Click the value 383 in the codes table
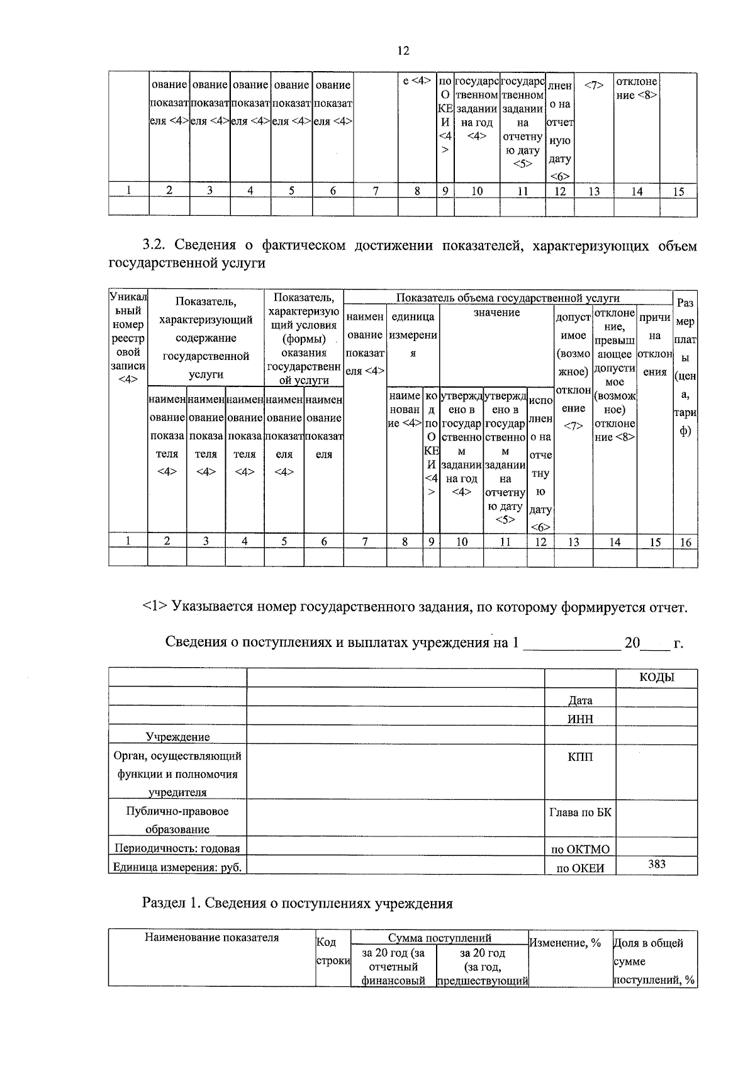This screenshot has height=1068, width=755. [656, 864]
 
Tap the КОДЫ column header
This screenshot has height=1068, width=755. [656, 677]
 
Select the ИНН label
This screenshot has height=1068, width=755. [580, 719]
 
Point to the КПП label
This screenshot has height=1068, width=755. [580, 756]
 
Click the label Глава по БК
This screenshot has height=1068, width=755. [580, 812]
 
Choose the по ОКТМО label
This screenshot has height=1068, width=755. [580, 849]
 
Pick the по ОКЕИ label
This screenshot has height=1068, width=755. [580, 868]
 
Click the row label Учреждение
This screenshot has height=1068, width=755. [177, 736]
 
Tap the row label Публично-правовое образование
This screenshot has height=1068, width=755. [177, 820]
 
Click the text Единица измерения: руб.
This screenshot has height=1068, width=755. [177, 867]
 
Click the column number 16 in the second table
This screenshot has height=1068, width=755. [685, 541]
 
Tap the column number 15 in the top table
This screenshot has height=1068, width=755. [678, 191]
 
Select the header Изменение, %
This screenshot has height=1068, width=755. [565, 943]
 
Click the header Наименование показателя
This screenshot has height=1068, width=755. [211, 938]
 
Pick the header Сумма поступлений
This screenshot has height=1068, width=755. [439, 938]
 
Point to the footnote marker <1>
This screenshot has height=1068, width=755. [155, 607]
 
